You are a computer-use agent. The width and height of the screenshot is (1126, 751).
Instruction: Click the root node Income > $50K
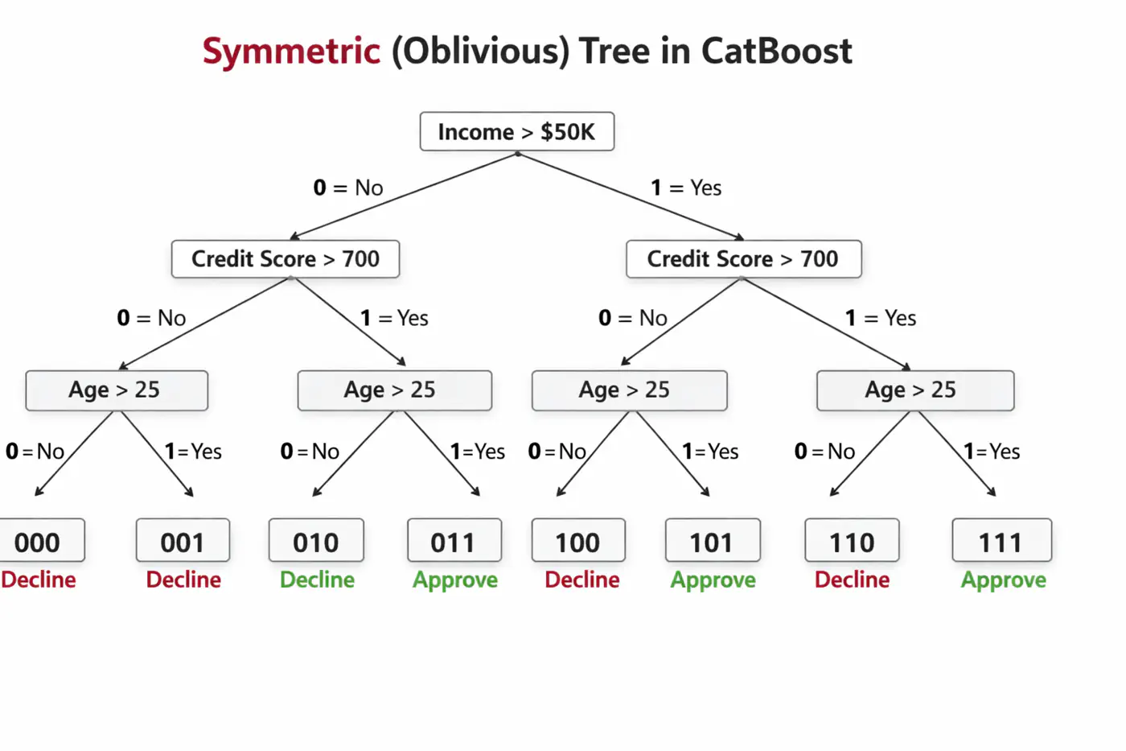coord(516,131)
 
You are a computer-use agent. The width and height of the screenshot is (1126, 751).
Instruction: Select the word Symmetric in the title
coord(291,52)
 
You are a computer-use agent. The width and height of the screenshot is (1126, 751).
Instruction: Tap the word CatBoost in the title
coord(776,52)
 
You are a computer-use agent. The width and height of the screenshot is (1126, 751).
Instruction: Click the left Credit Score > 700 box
coord(286,259)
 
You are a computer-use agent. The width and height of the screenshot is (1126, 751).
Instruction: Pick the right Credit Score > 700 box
coord(743,259)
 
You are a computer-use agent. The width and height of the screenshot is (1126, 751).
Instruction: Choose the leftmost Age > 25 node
coord(117,390)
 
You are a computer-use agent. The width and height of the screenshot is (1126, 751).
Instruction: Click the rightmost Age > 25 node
coord(915,390)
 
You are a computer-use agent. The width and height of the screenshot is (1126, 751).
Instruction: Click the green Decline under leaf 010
coord(317,580)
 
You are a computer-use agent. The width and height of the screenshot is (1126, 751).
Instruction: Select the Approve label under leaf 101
coord(713,580)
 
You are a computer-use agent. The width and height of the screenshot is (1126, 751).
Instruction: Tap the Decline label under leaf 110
coord(852,580)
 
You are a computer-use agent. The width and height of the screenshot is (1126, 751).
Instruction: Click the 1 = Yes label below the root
coord(686,188)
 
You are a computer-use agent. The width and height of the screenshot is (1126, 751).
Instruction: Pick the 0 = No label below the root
coord(348,188)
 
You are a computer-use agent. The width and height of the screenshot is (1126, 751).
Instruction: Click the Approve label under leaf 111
coord(1004,580)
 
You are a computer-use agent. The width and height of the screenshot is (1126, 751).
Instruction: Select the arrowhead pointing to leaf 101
coord(705,493)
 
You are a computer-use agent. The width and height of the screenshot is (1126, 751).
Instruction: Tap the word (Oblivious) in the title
coord(480,52)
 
